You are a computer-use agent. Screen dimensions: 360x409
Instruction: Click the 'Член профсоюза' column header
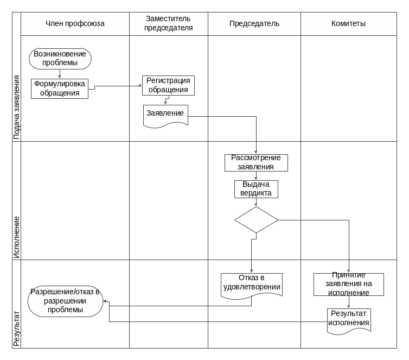click(75, 24)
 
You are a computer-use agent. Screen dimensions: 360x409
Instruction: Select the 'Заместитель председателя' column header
click(168, 24)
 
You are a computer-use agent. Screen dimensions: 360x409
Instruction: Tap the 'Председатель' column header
click(254, 24)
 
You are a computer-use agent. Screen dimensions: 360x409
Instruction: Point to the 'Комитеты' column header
click(348, 24)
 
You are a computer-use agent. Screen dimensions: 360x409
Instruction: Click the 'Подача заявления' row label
click(16, 108)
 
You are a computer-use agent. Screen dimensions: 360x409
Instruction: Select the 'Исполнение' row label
click(16, 237)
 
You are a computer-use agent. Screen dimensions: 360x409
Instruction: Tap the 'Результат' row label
click(16, 329)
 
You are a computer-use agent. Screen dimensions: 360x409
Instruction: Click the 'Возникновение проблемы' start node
click(60, 59)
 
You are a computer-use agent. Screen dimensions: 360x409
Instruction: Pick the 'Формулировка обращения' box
click(60, 89)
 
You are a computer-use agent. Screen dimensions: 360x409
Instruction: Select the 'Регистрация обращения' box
click(168, 85)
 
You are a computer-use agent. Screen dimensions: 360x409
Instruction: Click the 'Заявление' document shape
click(165, 115)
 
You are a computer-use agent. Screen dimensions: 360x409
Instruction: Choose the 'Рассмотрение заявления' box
click(256, 162)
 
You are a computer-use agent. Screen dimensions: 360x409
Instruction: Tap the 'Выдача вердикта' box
click(256, 189)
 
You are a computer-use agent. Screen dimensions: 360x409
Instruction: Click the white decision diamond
click(256, 219)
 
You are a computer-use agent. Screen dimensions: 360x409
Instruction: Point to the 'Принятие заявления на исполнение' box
click(348, 284)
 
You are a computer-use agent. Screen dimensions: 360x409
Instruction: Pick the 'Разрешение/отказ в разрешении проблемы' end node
click(65, 301)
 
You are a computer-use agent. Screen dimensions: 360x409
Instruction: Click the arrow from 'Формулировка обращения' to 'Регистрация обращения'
click(117, 86)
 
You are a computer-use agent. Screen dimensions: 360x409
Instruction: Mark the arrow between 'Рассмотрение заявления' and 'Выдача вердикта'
click(256, 175)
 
